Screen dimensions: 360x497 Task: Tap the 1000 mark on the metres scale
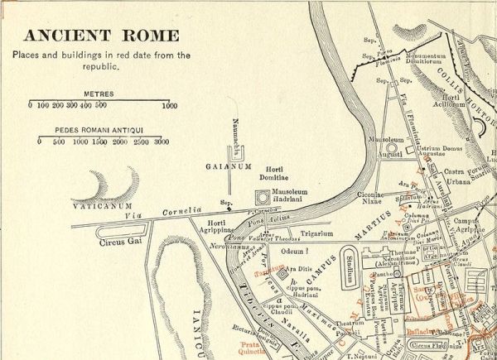[x=169, y=106]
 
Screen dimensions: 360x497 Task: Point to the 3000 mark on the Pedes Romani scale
[x=162, y=142]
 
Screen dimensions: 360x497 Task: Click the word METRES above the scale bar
[x=99, y=94]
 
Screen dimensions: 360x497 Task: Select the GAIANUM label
[x=228, y=166]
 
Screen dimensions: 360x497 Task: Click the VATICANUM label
[x=103, y=204]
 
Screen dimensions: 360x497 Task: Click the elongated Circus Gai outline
[x=122, y=231]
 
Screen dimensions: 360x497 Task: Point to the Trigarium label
[x=317, y=233]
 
